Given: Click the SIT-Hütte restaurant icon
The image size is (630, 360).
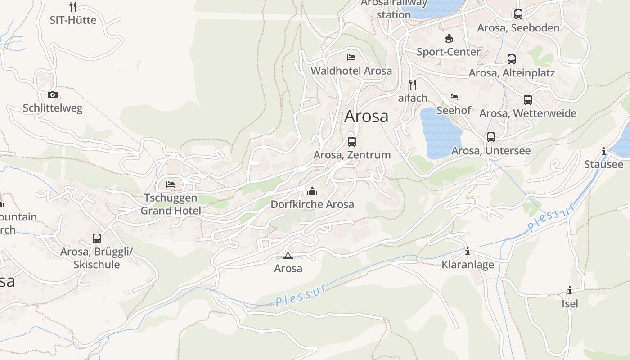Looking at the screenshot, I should point(73,6).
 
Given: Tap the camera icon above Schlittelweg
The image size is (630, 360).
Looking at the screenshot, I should point(53,94).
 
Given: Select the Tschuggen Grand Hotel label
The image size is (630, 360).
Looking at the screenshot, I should point(171,204).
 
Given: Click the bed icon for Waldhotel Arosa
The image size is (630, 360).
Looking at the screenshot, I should point(351,58).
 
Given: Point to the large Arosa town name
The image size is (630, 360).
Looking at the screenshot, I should point(366,116).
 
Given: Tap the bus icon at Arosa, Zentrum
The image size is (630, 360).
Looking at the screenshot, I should point(352,142).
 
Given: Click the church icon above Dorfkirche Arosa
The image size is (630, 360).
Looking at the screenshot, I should point(312,191).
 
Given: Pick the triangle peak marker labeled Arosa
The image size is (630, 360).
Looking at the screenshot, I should point(288,256).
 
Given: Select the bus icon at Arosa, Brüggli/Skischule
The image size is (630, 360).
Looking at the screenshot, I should point(97,238).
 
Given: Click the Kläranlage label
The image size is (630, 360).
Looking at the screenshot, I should point(468,265).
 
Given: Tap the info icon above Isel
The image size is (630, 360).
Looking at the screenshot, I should point(570,290).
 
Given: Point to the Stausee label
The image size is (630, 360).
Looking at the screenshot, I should point(603,164).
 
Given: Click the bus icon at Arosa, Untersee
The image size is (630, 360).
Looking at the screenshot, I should point(491,137).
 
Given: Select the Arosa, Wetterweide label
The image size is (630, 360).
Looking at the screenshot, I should point(527,113).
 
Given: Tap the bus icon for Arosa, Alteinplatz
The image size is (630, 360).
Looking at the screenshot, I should point(512,59).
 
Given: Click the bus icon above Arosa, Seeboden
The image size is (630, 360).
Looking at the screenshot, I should point(518,14).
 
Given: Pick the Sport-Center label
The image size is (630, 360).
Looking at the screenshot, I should point(448,52).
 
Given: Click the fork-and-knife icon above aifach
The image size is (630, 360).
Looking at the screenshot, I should point(412,84).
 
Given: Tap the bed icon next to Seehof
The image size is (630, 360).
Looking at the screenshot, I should point(454,97).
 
